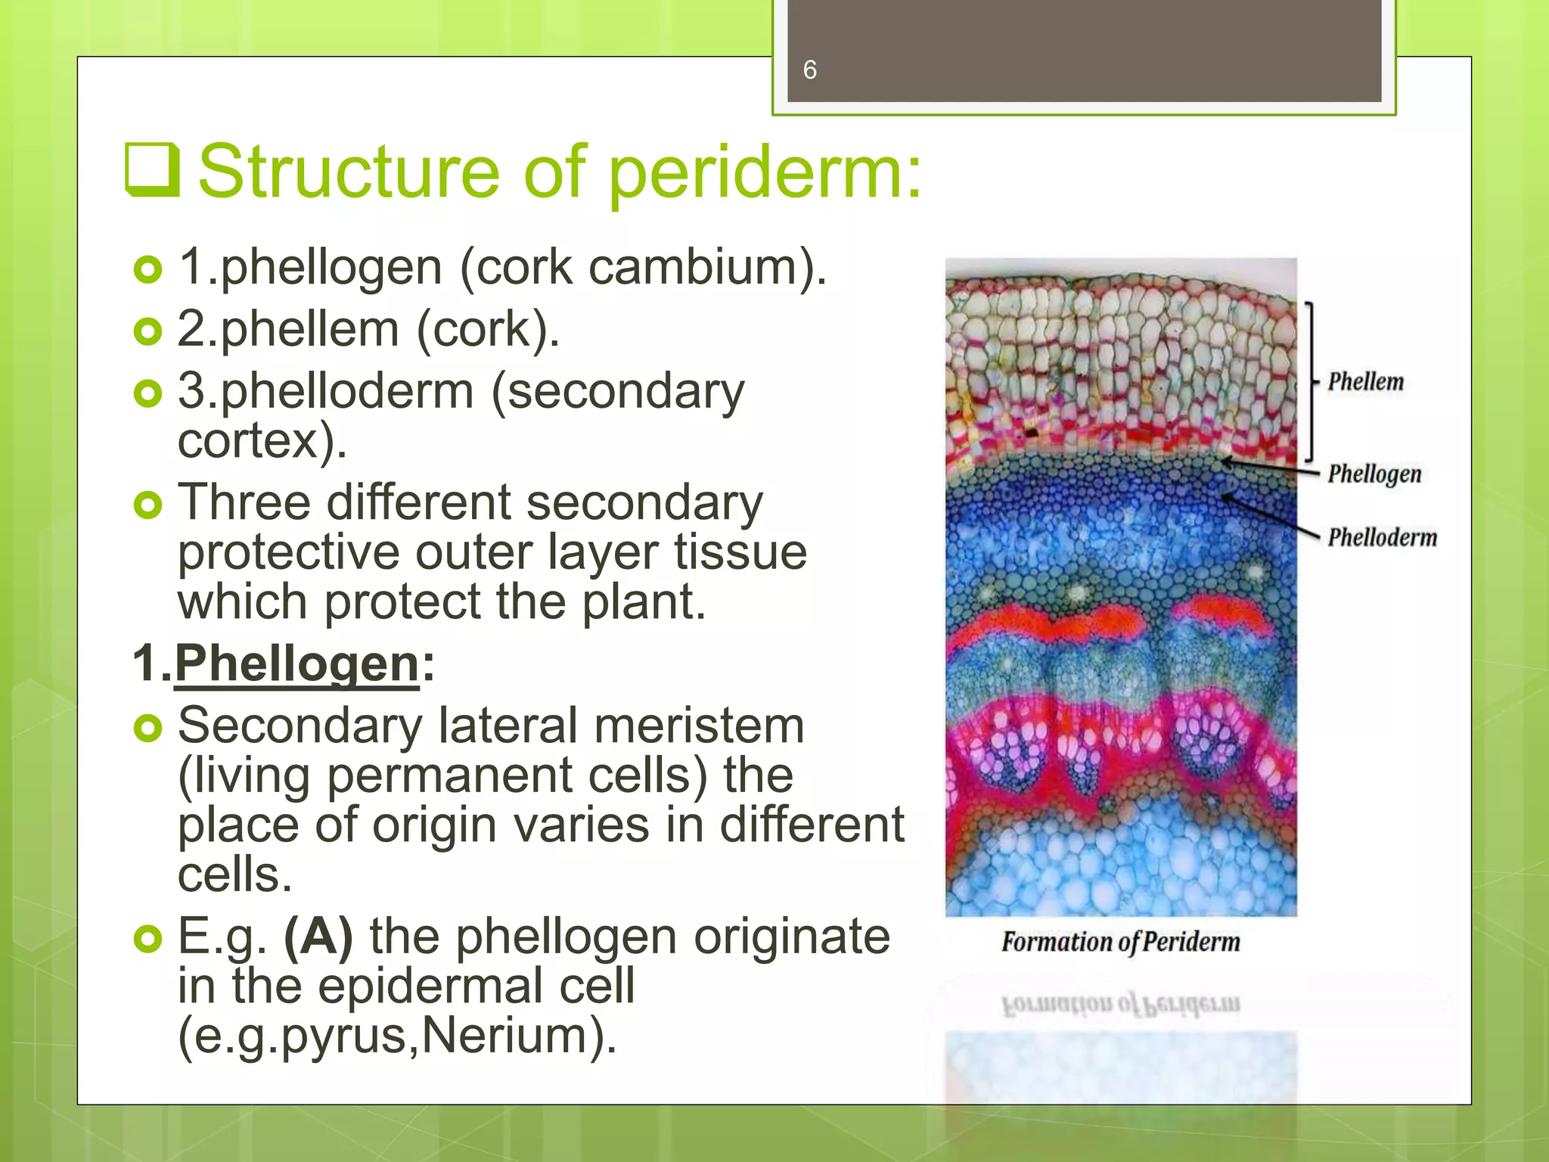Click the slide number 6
coord(809,70)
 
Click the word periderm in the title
coord(764,173)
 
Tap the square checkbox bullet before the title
coord(152,170)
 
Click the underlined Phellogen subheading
coord(296,663)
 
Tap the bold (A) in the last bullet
coord(318,937)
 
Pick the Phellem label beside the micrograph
coord(1365,382)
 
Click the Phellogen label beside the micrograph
coord(1374,474)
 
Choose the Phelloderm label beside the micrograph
coord(1382,538)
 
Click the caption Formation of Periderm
coord(1121,943)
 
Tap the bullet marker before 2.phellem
coord(147,331)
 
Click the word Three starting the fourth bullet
coord(244,502)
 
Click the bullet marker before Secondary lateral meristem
coord(147,728)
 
